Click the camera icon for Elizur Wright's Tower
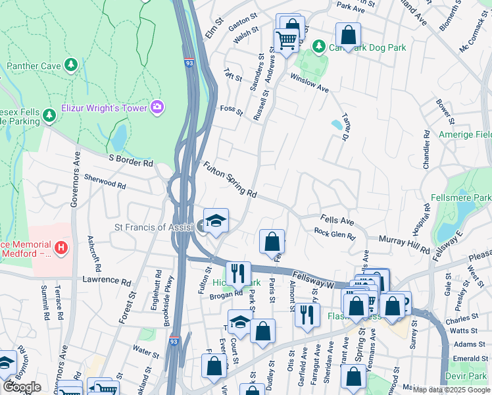[x=157, y=107]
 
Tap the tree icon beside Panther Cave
[x=71, y=66]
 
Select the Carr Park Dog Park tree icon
[x=319, y=47]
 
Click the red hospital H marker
[x=61, y=248]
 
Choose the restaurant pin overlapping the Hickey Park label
[x=238, y=273]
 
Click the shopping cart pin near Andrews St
[x=285, y=41]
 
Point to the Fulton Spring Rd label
[x=230, y=180]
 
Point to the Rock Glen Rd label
[x=334, y=233]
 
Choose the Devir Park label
[x=470, y=375]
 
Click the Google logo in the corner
[x=22, y=386]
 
